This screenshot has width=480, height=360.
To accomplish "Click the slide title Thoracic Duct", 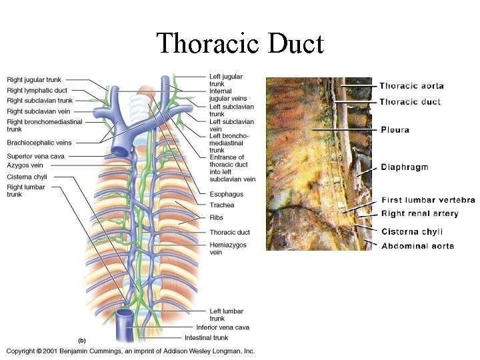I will pos(240,44).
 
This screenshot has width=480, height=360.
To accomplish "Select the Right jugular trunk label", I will pos(35,80).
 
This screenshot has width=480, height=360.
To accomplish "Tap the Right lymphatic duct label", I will pos(37,91).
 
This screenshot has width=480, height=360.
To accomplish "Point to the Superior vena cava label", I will pos(35,156).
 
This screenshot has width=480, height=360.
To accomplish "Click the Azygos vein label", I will pos(25,165).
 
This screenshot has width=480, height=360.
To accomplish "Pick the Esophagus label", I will pos(226,195).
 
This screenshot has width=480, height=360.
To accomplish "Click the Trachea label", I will pos(221,205).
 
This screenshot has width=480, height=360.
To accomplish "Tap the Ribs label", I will pos(216,217).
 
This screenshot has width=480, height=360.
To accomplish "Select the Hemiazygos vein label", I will pos(228,249).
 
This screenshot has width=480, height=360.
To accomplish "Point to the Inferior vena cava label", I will pos(223,327).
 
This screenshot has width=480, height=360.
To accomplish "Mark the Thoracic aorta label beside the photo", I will pos(411,86).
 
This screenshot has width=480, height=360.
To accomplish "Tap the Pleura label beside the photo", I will pos(395,130).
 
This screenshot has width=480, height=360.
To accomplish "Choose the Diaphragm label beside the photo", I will pos(404,168).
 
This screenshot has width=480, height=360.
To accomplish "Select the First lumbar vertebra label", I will pos(427,200).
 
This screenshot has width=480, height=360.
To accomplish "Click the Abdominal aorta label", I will pos(417,246).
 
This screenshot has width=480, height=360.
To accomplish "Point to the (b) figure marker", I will pos(82,340).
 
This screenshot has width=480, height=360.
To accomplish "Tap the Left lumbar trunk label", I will pos(226,315).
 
